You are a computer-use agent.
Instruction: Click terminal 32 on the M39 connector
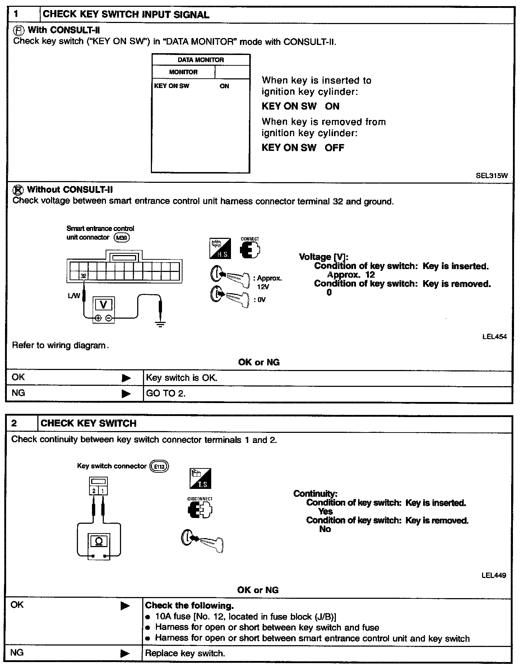point(83,276)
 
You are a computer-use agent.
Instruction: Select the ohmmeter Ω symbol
point(99,541)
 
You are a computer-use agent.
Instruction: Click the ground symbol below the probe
point(161,324)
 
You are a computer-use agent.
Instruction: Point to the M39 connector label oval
point(121,237)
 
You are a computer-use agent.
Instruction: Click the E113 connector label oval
point(159,466)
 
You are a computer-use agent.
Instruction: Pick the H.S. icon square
point(220,248)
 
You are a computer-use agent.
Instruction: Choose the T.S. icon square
point(200,478)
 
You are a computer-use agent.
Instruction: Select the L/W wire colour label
point(74,296)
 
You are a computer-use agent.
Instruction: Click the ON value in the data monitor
point(224,86)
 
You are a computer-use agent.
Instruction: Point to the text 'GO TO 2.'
point(166,393)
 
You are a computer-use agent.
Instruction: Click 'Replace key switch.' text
point(185,653)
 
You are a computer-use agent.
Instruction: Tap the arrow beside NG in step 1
point(126,394)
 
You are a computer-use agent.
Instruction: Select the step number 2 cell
point(14,423)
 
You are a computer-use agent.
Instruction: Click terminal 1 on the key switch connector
point(103,491)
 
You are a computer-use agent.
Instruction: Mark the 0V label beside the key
point(261,300)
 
